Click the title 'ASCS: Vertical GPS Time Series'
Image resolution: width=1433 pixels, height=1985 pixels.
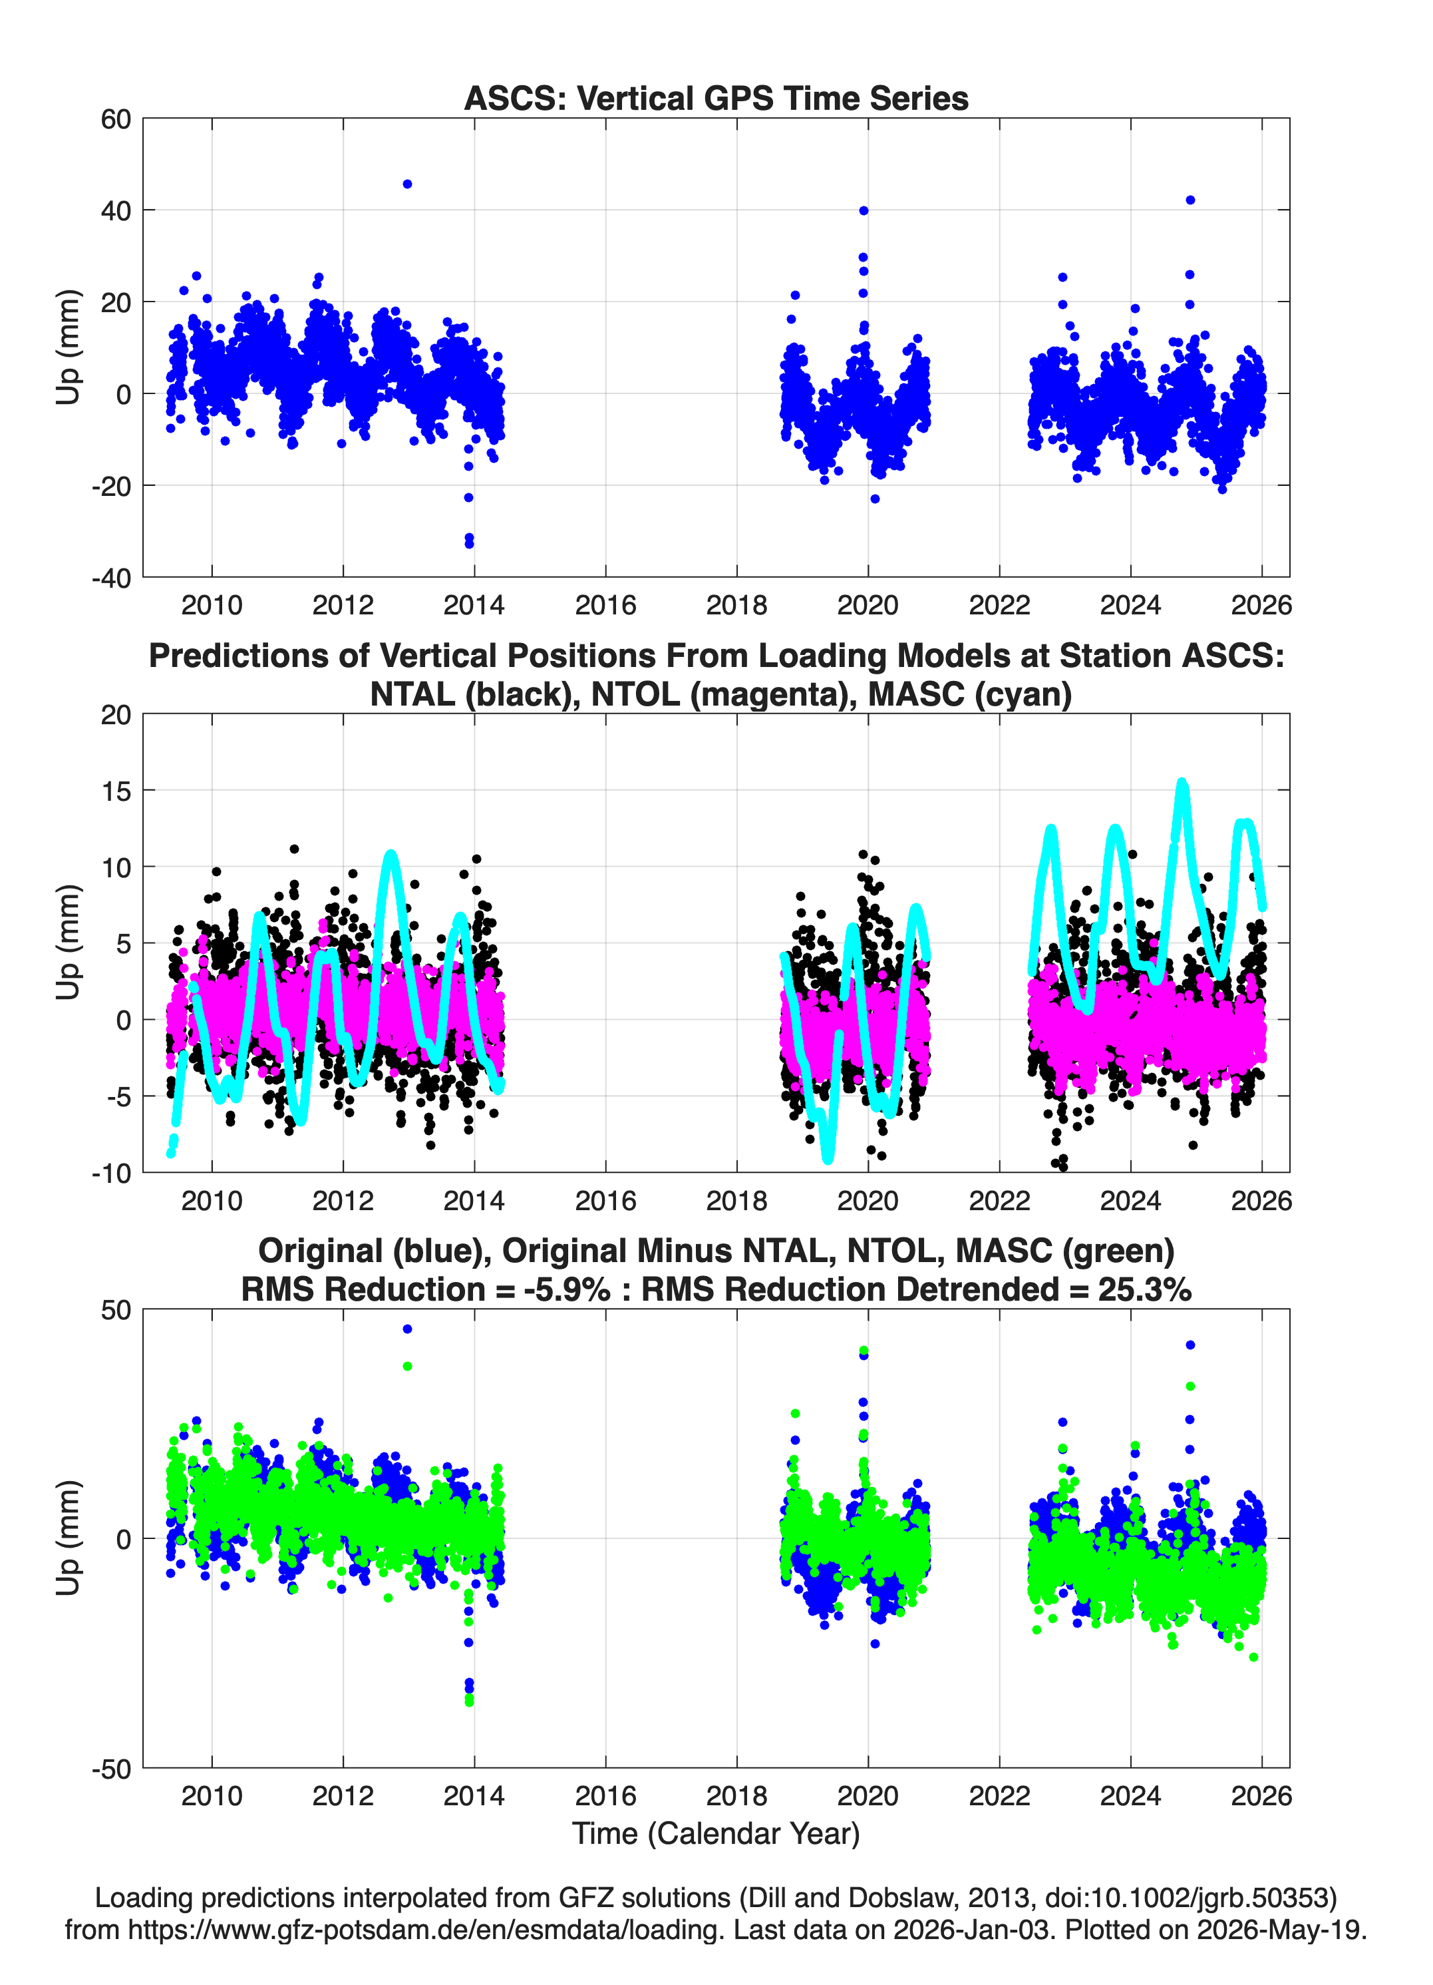716,98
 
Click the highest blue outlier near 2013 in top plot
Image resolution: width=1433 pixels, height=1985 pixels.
406,184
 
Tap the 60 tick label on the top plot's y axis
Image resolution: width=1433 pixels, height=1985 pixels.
116,119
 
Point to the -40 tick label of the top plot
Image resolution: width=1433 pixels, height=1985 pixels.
111,578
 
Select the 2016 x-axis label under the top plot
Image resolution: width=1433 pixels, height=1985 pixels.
605,605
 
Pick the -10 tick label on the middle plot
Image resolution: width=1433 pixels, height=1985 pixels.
111,1173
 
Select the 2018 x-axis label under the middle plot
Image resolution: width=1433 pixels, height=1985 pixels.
736,1200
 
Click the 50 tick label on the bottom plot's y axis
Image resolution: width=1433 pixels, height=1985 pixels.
116,1310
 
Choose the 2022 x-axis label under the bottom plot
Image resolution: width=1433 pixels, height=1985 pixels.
999,1795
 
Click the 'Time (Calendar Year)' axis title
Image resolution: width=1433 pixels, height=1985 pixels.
716,1833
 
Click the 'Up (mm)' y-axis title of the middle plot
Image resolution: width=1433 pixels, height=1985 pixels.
69,943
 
